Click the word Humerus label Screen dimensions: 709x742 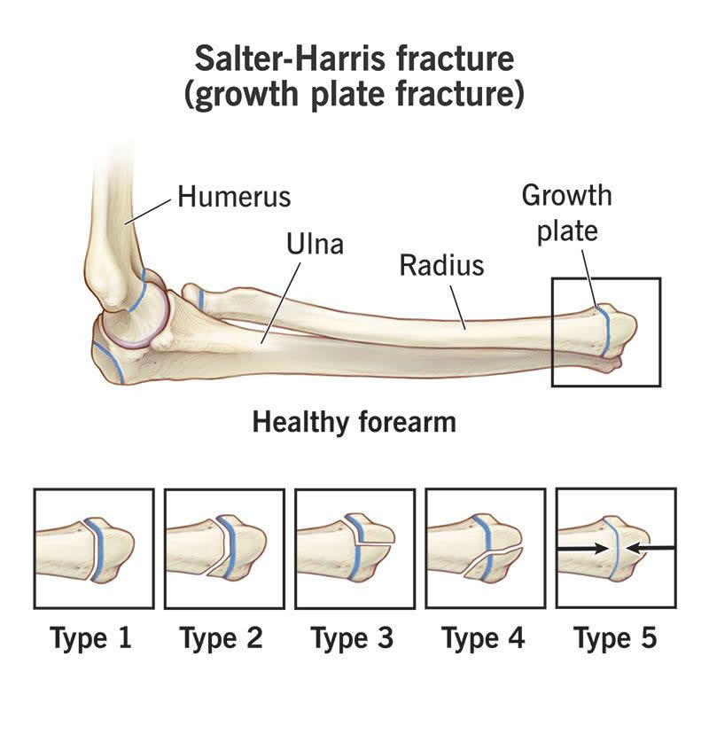point(234,197)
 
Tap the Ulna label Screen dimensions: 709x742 point(315,244)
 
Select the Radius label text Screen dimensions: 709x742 point(441,265)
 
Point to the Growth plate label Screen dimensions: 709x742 point(566,214)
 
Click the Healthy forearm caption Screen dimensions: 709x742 point(354,422)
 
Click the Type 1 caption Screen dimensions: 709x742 point(90,638)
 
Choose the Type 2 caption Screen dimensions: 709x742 point(221,638)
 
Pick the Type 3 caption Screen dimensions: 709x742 point(352,638)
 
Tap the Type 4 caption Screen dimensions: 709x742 point(483,638)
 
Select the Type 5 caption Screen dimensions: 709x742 point(615,638)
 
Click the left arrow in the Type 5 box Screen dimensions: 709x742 point(583,549)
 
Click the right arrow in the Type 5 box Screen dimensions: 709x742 point(650,548)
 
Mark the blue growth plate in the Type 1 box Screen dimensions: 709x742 point(97,550)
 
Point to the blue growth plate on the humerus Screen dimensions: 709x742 point(138,292)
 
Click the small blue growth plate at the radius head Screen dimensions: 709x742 point(201,300)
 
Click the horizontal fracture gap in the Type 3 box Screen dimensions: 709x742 point(375,544)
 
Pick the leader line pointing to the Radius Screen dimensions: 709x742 point(458,307)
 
